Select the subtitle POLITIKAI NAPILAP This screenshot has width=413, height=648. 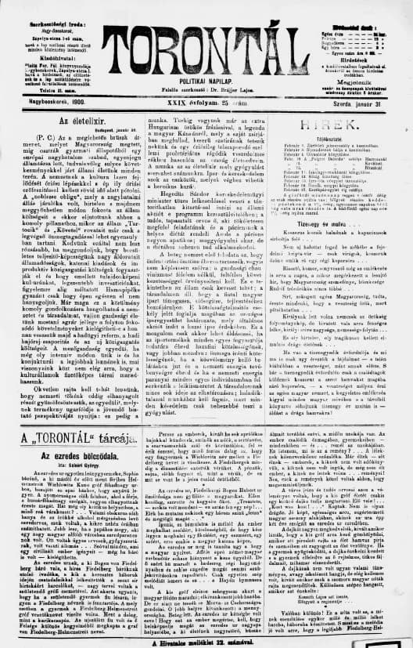pos(208,81)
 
